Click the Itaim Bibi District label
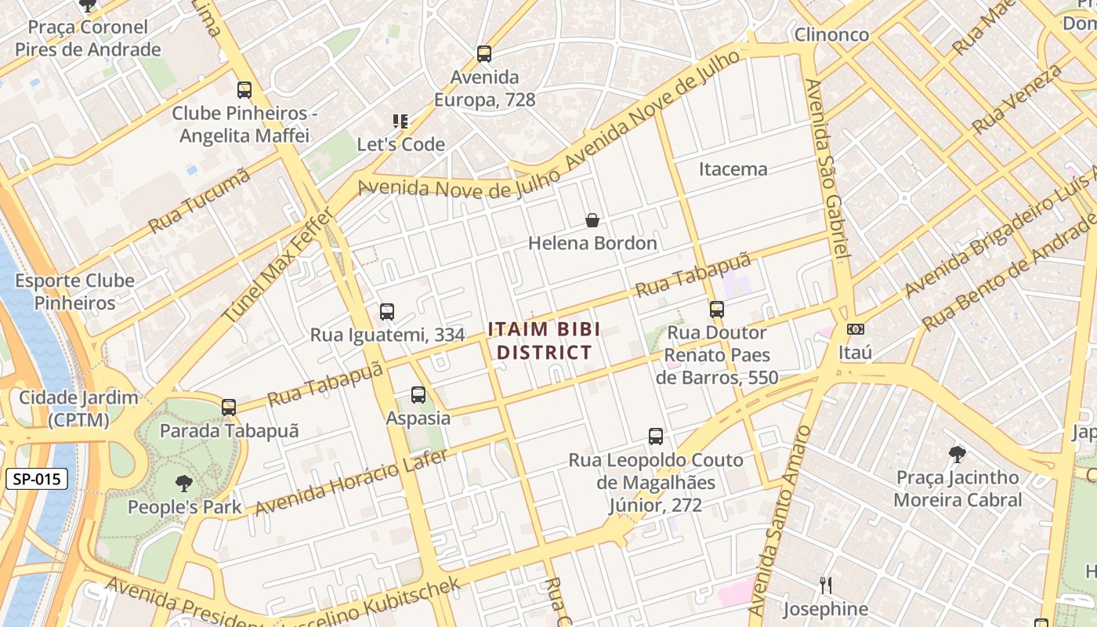tap(544, 341)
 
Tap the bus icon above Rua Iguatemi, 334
tap(387, 312)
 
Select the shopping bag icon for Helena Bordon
tap(592, 220)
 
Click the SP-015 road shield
tap(36, 479)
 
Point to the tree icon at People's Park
tap(184, 483)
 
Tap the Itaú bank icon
tap(855, 329)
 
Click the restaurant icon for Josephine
tap(825, 585)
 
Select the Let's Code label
tap(400, 144)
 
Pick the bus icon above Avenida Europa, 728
tap(484, 54)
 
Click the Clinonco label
tap(831, 34)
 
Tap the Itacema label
tap(733, 169)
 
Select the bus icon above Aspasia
tap(418, 395)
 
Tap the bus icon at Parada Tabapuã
tap(229, 408)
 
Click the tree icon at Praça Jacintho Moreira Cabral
tap(957, 454)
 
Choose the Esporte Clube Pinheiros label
tap(74, 292)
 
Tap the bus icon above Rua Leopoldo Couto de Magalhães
tap(656, 437)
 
